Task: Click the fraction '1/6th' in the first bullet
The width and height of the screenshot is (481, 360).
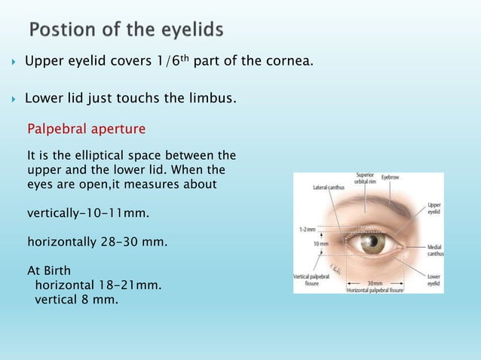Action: coord(171,60)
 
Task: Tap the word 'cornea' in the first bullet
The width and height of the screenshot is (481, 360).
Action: coord(285,61)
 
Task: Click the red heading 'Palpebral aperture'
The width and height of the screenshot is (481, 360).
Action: coord(87,129)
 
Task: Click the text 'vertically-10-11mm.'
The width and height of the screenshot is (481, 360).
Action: coord(88,213)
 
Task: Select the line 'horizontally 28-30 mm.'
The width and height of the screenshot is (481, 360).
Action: coord(98,243)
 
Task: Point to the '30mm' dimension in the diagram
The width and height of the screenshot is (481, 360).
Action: coord(375,284)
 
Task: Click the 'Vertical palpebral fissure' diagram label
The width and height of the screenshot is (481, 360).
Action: coord(311,280)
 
